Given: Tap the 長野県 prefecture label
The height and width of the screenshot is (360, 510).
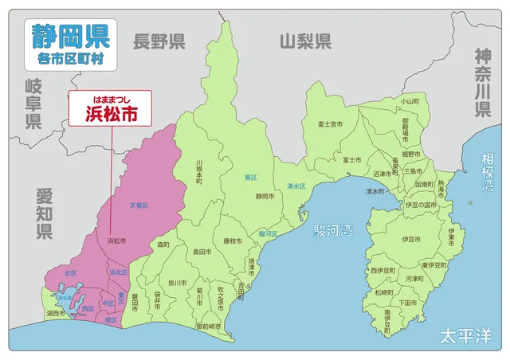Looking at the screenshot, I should click(159, 41).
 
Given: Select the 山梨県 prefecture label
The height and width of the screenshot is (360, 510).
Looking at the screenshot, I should click(305, 41).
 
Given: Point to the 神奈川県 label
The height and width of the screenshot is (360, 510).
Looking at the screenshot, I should click(483, 83).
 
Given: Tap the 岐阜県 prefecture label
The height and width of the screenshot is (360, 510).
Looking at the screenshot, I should click(33, 104).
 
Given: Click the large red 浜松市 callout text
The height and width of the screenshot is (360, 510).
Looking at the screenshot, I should click(111, 113).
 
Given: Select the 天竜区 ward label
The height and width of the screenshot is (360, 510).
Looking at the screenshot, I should click(139, 205).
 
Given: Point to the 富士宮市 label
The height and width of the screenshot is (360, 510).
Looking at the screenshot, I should click(330, 124).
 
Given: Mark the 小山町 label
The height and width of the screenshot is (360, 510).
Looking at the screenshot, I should click(410, 101).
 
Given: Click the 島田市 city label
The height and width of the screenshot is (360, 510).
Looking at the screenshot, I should click(202, 252).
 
